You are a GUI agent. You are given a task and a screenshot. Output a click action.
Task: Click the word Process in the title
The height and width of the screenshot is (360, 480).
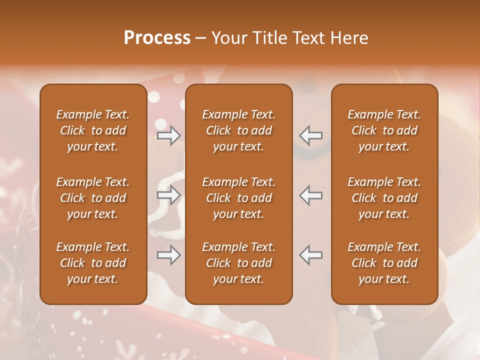coord(157,37)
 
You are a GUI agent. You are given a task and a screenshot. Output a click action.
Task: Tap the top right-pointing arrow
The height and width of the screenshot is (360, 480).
coord(168,135)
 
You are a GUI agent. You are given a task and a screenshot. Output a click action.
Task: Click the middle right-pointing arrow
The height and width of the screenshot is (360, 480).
coord(168,195)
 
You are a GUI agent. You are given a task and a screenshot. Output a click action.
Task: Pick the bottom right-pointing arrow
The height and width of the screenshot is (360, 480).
coord(168,255)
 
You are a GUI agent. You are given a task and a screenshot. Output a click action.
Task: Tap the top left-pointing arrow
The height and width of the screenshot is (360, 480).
coord(310,135)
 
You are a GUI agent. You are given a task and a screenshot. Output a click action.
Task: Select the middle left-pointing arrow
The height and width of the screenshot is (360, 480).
coord(310,195)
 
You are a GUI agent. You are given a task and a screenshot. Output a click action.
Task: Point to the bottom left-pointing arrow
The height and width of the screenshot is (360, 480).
coord(310,255)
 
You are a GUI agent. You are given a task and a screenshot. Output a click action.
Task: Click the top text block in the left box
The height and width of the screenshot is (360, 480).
coord(93,130)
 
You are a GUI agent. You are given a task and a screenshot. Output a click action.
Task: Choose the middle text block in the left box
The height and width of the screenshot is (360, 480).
coord(93,198)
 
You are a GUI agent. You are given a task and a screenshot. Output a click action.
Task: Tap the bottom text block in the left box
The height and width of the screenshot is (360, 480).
coord(93,263)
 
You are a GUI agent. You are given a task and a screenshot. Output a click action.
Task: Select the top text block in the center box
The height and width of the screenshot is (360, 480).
coord(238,130)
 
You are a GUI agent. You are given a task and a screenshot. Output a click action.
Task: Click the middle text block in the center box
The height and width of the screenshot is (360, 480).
coord(238,198)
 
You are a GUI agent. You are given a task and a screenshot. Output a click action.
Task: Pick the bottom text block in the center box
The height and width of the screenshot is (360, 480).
coord(238,263)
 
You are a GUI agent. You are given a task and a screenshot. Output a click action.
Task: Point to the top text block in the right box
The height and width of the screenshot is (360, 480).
coord(384,130)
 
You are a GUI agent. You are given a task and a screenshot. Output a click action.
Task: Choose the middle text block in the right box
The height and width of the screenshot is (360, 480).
coord(384,198)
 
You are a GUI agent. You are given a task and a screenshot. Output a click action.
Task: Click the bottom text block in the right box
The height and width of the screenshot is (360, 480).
coord(384,263)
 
